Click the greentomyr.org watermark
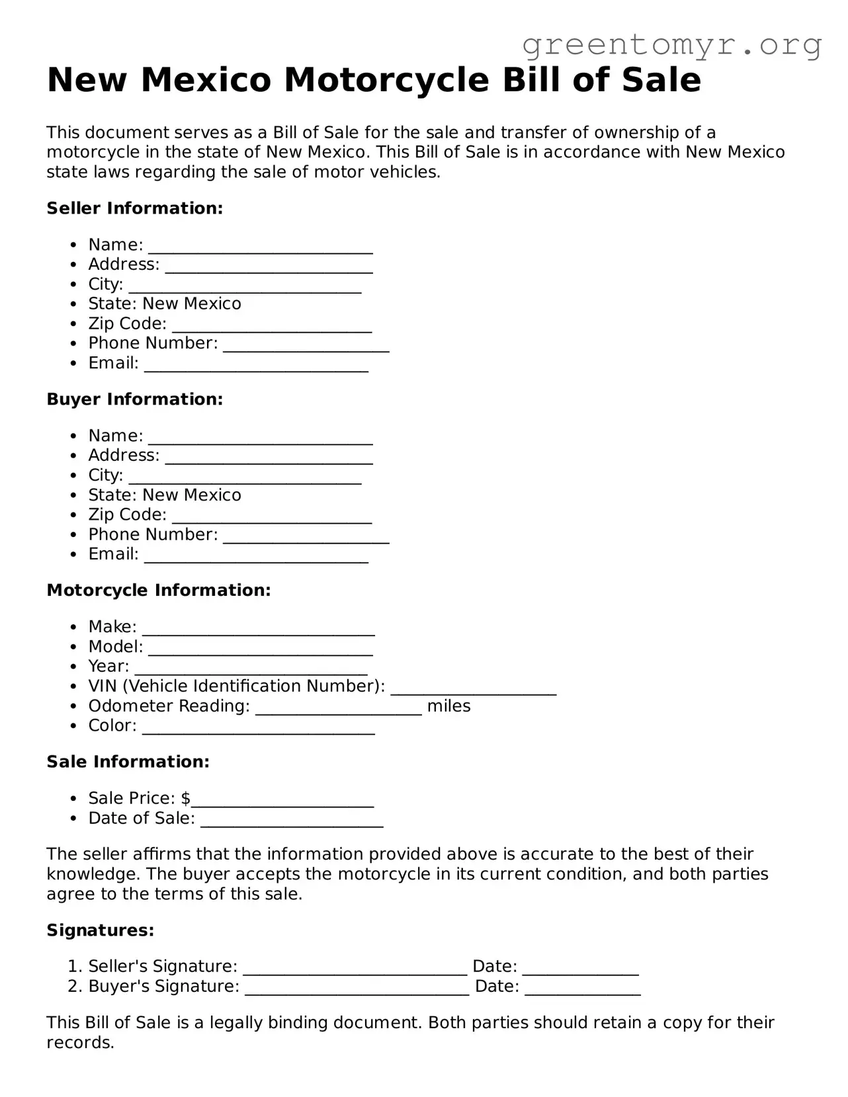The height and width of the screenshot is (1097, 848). coord(671,45)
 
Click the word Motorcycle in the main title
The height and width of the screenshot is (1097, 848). coord(386,81)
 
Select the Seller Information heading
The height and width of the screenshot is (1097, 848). coord(135,208)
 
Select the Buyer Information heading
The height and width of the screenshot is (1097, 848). coord(135,399)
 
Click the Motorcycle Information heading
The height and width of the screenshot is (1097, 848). coord(159,590)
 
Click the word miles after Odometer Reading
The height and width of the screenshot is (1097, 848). coord(448,706)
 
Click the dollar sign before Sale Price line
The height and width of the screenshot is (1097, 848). coord(186,799)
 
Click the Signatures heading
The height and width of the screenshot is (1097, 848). coord(101,930)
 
